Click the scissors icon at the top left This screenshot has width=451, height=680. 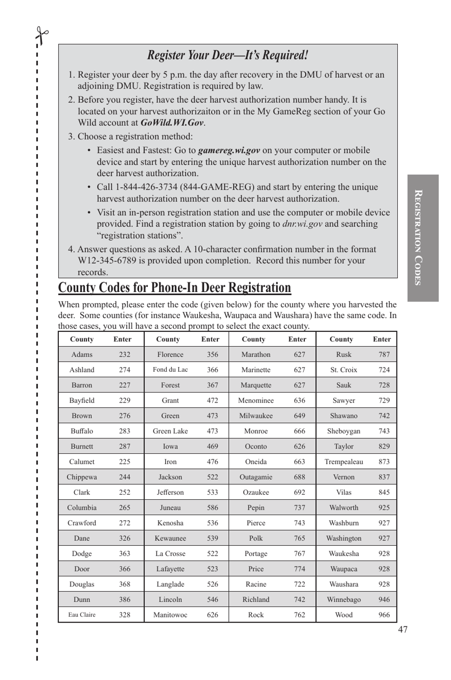[x=42, y=36]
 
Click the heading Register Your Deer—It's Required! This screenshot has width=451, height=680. [x=227, y=55]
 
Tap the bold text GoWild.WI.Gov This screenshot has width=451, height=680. [x=172, y=123]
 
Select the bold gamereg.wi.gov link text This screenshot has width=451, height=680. [x=229, y=150]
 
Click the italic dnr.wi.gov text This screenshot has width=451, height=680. [x=302, y=224]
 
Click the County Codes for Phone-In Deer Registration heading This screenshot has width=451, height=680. [x=174, y=288]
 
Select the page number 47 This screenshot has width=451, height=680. [x=403, y=629]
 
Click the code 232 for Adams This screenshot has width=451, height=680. [x=124, y=355]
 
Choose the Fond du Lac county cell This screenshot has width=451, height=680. [x=170, y=370]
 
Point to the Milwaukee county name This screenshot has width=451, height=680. [x=256, y=416]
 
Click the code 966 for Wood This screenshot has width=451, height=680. [x=384, y=615]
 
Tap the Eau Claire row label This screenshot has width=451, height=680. [x=82, y=615]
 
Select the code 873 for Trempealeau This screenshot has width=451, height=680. [x=384, y=462]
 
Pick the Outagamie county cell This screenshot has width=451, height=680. [x=256, y=477]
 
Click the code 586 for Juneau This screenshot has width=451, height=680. [x=213, y=508]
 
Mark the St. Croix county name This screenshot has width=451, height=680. [x=344, y=370]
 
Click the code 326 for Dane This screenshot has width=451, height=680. [x=124, y=538]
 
